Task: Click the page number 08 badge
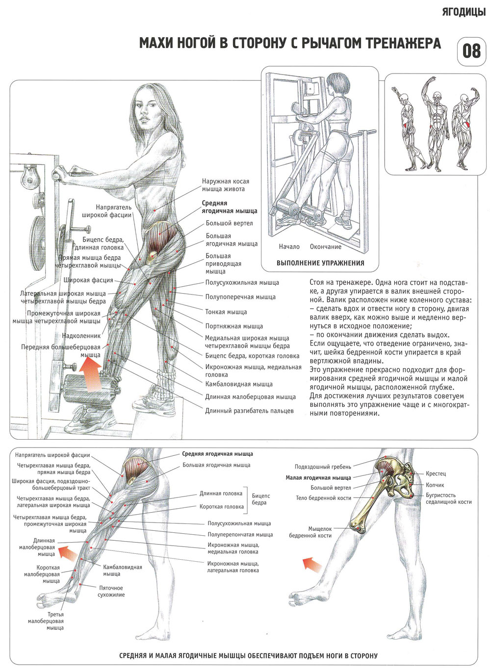[x=471, y=51]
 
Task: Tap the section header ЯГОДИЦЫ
[x=464, y=12]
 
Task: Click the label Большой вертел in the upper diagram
[x=229, y=223]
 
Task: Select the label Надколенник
[x=81, y=335]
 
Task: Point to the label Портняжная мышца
[x=234, y=326]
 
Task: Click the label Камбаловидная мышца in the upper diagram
[x=239, y=384]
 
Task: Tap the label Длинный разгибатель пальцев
[x=249, y=411]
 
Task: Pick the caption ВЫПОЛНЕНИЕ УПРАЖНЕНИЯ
[x=320, y=263]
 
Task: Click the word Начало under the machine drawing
[x=289, y=247]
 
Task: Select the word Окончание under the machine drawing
[x=326, y=247]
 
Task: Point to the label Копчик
[x=435, y=485]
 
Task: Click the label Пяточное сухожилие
[x=111, y=591]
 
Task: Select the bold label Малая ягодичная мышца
[x=318, y=477]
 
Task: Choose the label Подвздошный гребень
[x=323, y=467]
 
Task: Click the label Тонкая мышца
[x=226, y=312]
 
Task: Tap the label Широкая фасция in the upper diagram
[x=88, y=280]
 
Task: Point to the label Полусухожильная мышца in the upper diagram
[x=242, y=282]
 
